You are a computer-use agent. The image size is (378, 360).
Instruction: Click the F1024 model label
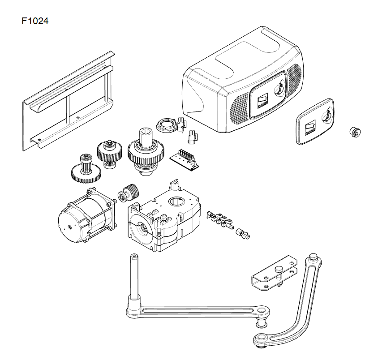pyautogui.click(x=34, y=21)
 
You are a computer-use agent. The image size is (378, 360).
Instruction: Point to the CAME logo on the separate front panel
pyautogui.click(x=310, y=129)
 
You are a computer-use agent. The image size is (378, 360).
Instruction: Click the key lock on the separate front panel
pyautogui.click(x=327, y=116)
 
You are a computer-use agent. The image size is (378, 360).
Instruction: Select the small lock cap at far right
pyautogui.click(x=354, y=132)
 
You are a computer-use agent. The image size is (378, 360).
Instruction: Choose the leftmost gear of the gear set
pyautogui.click(x=85, y=167)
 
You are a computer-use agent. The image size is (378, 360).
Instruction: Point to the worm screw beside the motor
pyautogui.click(x=130, y=193)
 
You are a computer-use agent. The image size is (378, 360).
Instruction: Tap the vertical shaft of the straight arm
pyautogui.click(x=134, y=278)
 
